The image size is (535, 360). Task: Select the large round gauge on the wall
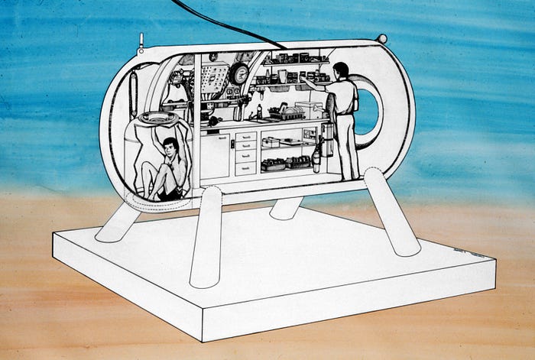[241, 74]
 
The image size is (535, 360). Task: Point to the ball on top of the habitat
[381, 39]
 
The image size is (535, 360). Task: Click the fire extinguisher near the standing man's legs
[316, 159]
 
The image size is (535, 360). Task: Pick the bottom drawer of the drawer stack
[245, 168]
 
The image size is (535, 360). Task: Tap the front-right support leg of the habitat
[390, 212]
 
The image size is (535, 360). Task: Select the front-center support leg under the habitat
[206, 237]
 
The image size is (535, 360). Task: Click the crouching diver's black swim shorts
[170, 194]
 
